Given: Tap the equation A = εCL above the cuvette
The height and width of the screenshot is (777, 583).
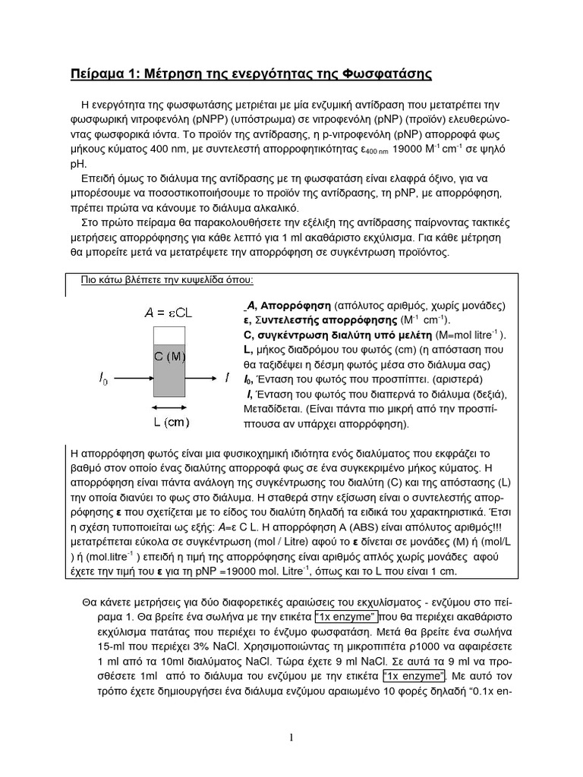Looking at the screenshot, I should click(168, 312).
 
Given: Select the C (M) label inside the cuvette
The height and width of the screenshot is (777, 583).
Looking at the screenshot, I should click(169, 356).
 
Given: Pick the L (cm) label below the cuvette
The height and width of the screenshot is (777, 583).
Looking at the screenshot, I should click(167, 422).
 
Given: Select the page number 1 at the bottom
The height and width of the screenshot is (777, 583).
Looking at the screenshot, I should click(291, 738).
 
